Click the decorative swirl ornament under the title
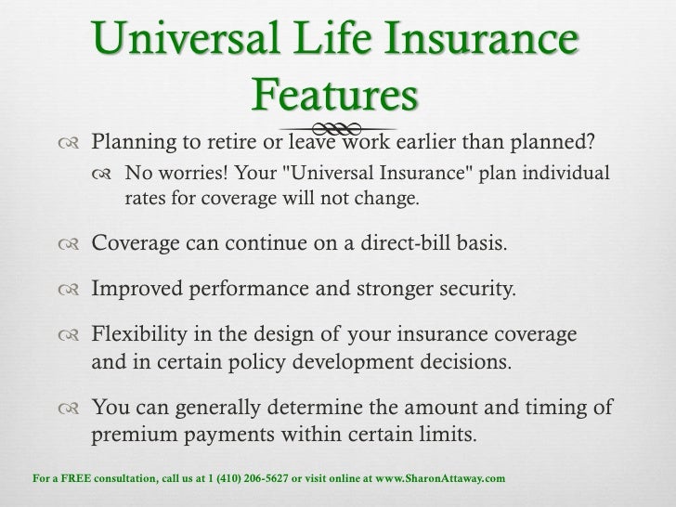[x=338, y=127]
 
